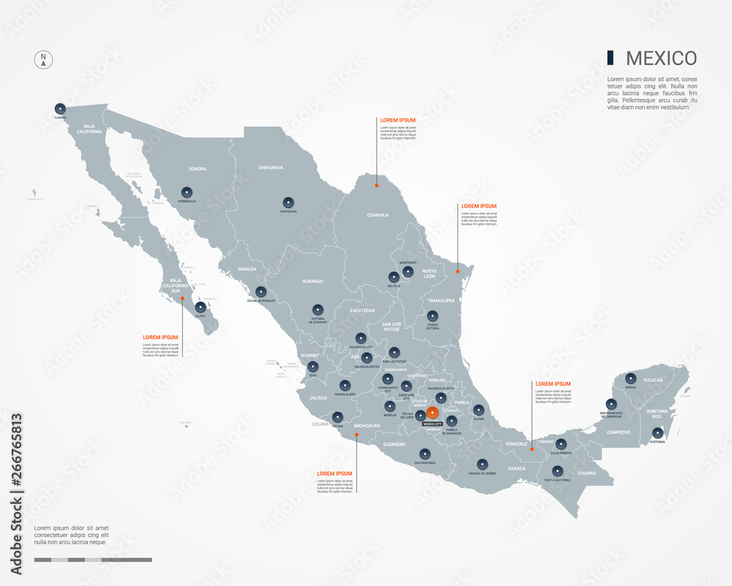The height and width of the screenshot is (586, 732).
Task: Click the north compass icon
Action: point(43,60)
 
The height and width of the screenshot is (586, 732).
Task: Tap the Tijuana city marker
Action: point(59,108)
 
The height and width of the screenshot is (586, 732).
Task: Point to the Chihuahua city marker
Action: point(288,203)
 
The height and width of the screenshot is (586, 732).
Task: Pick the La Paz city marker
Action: point(200,307)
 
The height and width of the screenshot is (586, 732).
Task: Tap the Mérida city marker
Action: point(630,379)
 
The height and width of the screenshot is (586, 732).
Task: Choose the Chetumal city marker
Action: point(657,433)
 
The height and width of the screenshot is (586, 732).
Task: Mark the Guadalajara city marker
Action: point(344,386)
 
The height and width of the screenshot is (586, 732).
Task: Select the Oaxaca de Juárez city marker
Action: point(482,464)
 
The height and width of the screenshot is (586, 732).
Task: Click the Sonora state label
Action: point(198,169)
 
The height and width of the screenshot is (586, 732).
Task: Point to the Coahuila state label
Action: point(378,215)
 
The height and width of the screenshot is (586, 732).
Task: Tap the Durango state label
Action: point(313,281)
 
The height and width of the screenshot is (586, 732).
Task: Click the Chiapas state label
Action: point(585,473)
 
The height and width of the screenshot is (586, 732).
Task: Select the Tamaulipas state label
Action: point(441,300)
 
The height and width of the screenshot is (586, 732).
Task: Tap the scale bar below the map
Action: point(93,560)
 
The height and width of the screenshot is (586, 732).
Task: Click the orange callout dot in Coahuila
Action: point(376,185)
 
